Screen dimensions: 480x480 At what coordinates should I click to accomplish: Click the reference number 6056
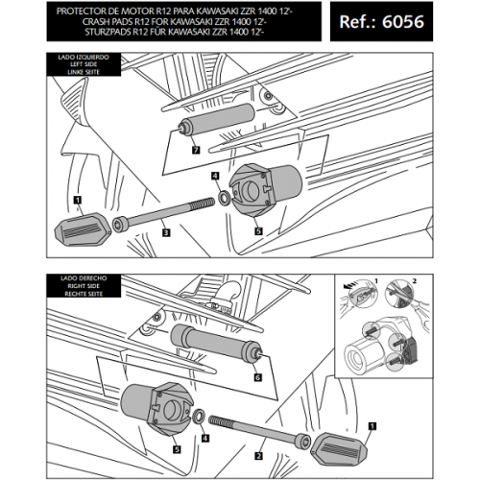pyautogui.click(x=403, y=22)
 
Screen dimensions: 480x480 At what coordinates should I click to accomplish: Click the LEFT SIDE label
pyautogui.click(x=84, y=64)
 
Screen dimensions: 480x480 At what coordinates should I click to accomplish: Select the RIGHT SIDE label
pyautogui.click(x=84, y=286)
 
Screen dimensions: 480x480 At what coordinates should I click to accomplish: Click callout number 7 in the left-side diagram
pyautogui.click(x=196, y=150)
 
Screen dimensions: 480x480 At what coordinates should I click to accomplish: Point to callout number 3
pyautogui.click(x=166, y=232)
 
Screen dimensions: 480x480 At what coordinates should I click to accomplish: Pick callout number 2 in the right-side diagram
pyautogui.click(x=259, y=456)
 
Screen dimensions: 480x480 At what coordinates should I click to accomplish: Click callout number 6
pyautogui.click(x=258, y=377)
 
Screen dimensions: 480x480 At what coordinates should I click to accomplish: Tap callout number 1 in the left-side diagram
pyautogui.click(x=78, y=200)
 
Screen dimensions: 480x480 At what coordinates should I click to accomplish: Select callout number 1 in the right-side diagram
pyautogui.click(x=372, y=426)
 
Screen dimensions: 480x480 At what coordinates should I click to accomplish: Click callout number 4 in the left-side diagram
pyautogui.click(x=215, y=176)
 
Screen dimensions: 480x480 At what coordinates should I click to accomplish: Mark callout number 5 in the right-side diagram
pyautogui.click(x=177, y=449)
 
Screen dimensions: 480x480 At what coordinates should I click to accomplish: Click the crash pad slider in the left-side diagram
pyautogui.click(x=83, y=229)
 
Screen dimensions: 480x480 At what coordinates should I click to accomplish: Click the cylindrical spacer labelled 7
pyautogui.click(x=217, y=118)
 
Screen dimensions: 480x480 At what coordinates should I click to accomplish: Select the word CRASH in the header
pyautogui.click(x=96, y=22)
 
